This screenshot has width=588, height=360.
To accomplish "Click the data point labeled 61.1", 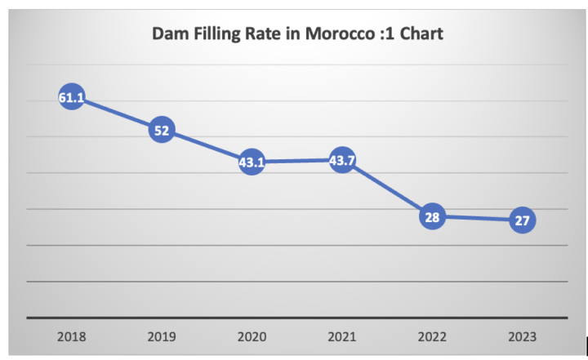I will click(x=72, y=98).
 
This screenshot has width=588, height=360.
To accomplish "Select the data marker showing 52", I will click(x=162, y=130).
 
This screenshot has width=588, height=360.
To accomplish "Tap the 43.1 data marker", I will click(x=252, y=162).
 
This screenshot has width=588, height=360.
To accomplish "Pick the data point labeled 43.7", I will click(x=342, y=160).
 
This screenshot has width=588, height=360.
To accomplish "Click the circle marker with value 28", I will click(x=432, y=216).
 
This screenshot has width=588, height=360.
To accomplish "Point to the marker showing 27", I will click(x=522, y=220).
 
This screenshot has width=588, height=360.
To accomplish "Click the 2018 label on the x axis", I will click(x=72, y=336).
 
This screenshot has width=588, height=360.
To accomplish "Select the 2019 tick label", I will click(x=162, y=336).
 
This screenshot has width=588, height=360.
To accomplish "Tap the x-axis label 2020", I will click(x=252, y=336).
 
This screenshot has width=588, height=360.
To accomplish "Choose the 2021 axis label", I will click(x=342, y=336).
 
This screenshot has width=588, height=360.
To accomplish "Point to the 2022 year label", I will click(x=432, y=336).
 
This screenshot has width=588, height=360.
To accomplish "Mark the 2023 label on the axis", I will click(x=522, y=336).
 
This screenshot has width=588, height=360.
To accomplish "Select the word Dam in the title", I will click(x=168, y=35).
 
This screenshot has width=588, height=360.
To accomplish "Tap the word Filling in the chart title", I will click(x=215, y=35).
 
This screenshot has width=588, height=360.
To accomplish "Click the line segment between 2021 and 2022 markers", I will click(x=387, y=189).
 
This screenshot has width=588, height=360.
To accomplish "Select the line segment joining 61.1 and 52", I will click(x=117, y=114).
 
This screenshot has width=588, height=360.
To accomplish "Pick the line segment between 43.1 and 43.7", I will click(x=296, y=161).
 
